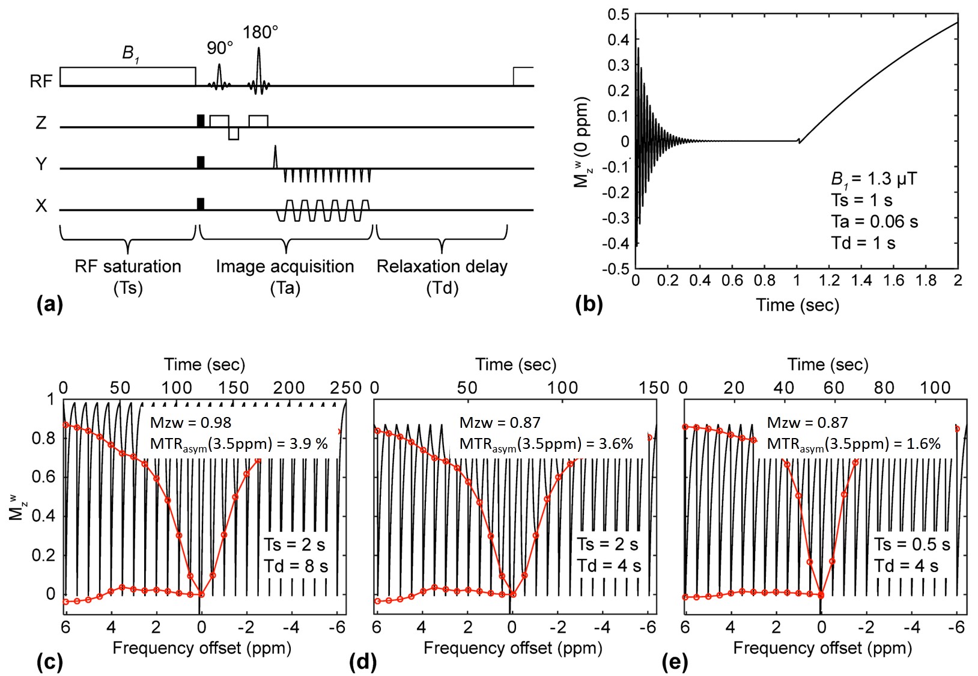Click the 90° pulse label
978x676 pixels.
(219, 48)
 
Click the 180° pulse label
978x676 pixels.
(260, 32)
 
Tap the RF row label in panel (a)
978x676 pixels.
(41, 81)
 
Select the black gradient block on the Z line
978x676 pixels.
(201, 120)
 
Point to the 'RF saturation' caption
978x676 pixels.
(127, 266)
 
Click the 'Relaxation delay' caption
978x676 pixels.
(442, 266)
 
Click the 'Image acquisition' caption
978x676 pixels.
(285, 266)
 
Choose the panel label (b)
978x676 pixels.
(588, 304)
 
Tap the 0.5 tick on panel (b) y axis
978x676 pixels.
(618, 14)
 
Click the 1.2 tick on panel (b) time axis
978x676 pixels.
(829, 281)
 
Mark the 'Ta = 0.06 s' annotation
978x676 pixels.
(874, 222)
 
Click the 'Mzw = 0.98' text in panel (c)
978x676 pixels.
(190, 422)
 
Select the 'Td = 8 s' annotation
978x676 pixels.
(296, 566)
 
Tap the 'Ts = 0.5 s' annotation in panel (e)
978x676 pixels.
(912, 544)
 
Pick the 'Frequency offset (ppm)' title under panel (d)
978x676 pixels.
(512, 648)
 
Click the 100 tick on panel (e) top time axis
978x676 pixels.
(935, 388)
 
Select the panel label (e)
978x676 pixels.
(674, 662)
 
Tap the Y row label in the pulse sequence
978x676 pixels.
(41, 163)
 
